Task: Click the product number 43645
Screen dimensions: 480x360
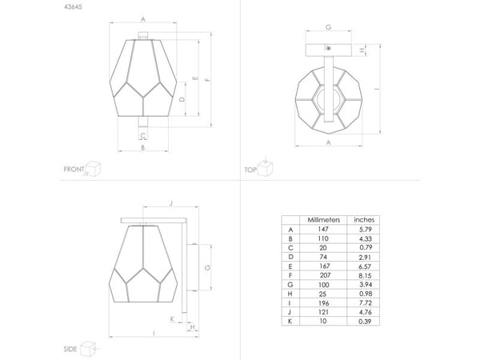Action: coord(73,6)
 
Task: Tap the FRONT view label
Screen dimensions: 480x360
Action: coord(74,169)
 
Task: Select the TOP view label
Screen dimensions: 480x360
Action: coord(250,170)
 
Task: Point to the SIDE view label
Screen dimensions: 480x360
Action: coord(70,349)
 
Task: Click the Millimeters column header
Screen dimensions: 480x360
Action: coord(323,220)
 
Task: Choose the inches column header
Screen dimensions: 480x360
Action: coord(364,220)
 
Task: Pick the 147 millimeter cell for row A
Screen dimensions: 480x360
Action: coord(323,229)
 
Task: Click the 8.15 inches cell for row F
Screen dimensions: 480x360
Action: coord(366,275)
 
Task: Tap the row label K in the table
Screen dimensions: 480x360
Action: coord(290,321)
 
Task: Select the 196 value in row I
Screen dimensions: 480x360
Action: coord(323,303)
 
